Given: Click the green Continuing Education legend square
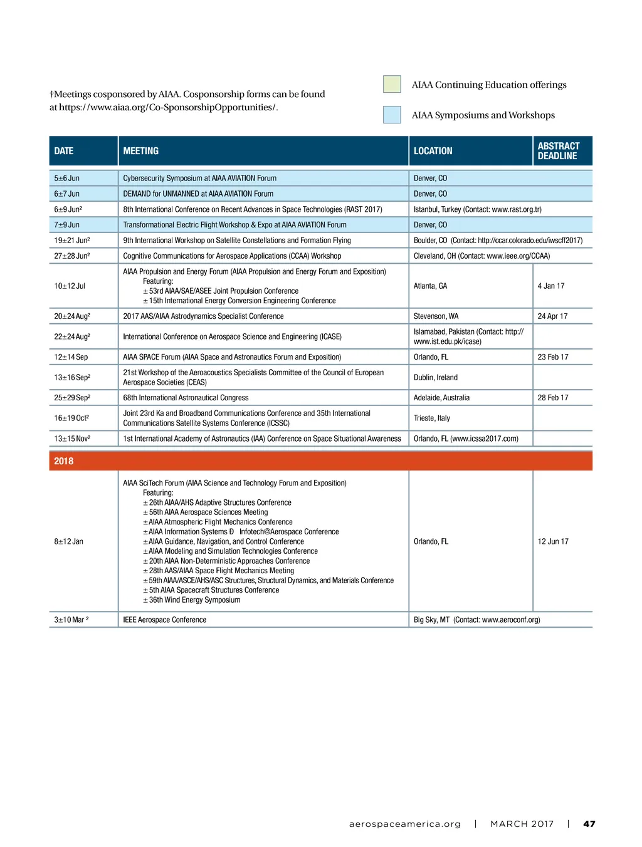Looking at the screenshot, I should (392, 84).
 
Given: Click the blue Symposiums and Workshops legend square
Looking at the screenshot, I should (392, 115).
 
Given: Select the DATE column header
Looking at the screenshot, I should (64, 151).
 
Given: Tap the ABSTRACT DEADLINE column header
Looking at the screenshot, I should (559, 151).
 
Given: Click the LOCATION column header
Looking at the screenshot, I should (433, 151).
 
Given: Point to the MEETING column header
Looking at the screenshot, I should (141, 151).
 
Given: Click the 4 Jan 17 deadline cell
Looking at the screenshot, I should (551, 286).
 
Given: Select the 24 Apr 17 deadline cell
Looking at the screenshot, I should (552, 316).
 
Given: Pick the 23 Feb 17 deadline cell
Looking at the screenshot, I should (553, 357).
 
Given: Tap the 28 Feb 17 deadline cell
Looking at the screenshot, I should (553, 398).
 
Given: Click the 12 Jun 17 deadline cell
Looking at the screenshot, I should (553, 541).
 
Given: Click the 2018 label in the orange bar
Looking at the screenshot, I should (64, 461).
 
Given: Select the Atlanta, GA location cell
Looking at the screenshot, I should (430, 286).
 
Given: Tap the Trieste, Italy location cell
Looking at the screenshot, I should (432, 418).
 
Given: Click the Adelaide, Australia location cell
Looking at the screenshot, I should (441, 398).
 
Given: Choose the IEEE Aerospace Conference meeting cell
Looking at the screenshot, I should (165, 620).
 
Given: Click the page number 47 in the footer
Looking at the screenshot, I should (589, 824).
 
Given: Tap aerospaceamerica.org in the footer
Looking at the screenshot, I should (405, 824).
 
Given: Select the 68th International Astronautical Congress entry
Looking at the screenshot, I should (186, 398).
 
